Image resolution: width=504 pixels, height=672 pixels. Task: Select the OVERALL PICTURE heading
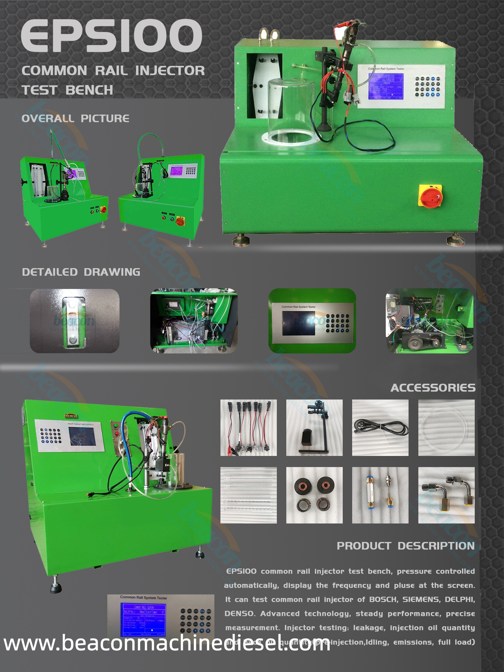75,118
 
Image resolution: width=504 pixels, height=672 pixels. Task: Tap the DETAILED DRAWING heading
81,272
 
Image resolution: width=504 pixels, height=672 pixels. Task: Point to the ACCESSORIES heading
433,388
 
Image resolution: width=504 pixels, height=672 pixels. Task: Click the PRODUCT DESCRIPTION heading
406,546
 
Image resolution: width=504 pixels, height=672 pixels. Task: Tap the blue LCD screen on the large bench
386,86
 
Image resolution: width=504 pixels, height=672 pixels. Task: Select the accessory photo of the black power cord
380,427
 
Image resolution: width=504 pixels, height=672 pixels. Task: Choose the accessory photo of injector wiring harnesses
249,427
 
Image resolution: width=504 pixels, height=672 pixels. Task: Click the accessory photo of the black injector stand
314,427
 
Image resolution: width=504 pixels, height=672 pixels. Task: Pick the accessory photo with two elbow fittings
446,495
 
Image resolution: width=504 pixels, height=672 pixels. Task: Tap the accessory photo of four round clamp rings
314,495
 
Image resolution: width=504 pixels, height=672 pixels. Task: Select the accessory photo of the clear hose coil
446,427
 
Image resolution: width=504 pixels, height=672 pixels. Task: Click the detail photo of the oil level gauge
75,321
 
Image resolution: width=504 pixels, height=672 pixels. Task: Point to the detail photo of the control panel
312,321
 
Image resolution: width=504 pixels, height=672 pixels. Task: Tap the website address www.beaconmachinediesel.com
167,643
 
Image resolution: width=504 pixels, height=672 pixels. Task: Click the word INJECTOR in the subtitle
170,71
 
